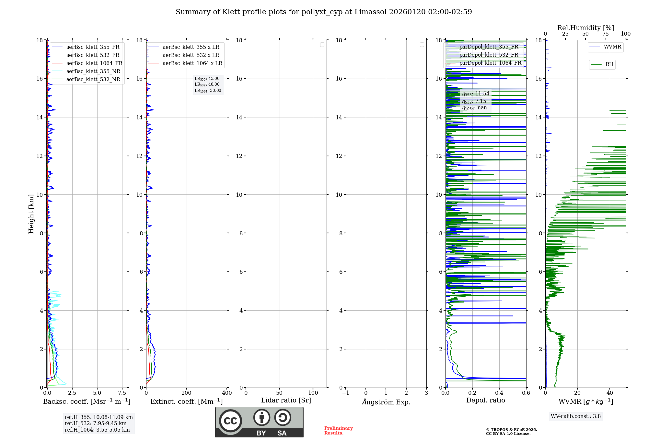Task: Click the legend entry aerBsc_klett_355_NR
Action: coord(93,71)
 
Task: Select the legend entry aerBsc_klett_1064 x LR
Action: coord(192,63)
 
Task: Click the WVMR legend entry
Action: coord(612,47)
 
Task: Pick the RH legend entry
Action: coord(609,64)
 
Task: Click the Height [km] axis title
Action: coord(31,214)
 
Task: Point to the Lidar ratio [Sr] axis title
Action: coord(286,400)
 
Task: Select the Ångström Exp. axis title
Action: coord(386,402)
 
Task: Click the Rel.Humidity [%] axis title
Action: coord(585,28)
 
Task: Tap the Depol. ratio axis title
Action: coord(485,400)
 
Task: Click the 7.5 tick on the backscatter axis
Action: coord(122,393)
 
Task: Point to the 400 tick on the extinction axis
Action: coord(227,393)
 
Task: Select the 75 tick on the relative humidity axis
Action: coord(605,34)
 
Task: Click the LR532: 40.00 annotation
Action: coord(207,84)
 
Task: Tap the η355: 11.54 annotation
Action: coord(476,94)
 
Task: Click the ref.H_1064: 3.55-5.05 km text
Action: coord(97,430)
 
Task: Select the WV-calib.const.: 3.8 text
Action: coord(576,416)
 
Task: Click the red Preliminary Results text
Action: coord(338,431)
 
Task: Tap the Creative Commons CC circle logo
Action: coord(230,421)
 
